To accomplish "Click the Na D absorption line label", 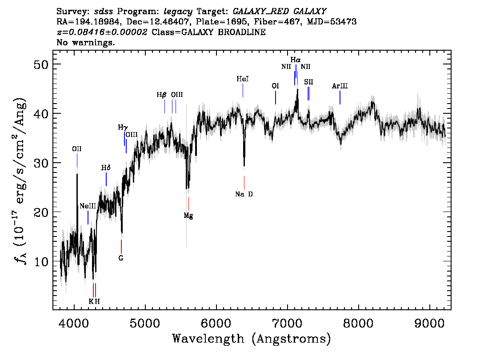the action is tap(244, 194).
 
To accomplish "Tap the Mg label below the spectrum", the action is tap(188, 216).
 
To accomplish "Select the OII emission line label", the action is tap(77, 149).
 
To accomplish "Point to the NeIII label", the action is tap(88, 206).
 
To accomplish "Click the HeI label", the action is tap(243, 79).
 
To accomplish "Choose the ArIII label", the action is tap(340, 86).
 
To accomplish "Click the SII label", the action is tap(308, 82).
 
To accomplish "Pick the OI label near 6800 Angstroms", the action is tap(276, 86).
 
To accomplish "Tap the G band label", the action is tap(121, 258).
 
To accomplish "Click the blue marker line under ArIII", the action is tap(340, 98).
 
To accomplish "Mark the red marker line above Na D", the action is tap(244, 183).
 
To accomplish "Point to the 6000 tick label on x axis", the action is tap(216, 324).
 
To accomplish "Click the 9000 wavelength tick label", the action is tap(429, 324).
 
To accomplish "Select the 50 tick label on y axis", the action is tap(41, 64).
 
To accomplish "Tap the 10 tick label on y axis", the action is tap(41, 261).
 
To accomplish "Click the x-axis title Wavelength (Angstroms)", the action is tap(252, 339).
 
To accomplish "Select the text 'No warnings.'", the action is tap(85, 42).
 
